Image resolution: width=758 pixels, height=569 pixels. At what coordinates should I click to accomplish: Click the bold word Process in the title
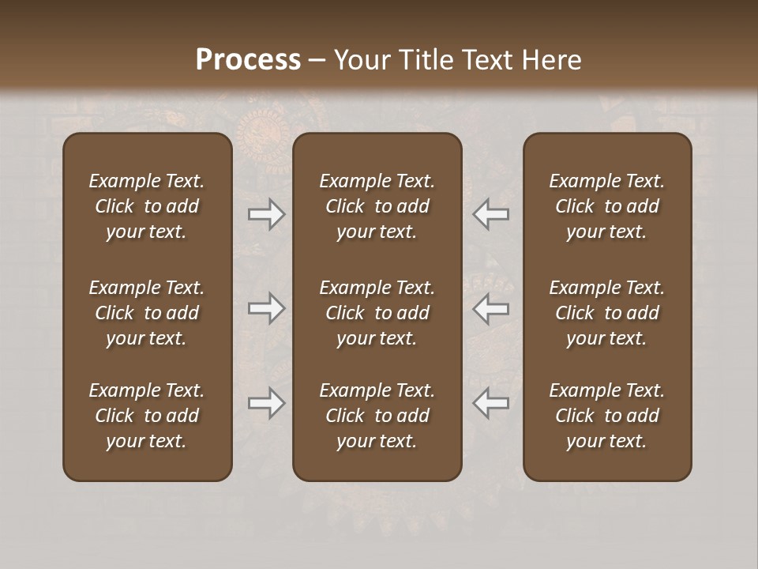(248, 60)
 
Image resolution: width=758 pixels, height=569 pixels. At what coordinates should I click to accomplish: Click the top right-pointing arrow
(267, 214)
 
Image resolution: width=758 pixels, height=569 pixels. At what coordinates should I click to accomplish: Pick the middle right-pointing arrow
(267, 308)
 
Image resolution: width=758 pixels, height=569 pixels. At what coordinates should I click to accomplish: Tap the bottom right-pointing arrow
(267, 403)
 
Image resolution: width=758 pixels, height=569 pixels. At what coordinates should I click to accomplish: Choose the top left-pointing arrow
(491, 214)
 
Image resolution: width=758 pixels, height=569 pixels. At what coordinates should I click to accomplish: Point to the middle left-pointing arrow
(491, 308)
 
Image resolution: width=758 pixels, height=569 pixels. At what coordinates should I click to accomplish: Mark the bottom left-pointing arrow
(491, 403)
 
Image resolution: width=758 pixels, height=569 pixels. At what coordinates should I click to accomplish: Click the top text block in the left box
(147, 206)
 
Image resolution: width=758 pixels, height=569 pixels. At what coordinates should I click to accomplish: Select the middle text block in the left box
(147, 313)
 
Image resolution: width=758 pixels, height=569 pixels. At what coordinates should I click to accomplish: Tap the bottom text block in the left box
(147, 416)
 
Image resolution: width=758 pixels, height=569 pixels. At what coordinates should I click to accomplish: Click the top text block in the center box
(377, 206)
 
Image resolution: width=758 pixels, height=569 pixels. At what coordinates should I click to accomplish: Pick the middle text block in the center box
(377, 313)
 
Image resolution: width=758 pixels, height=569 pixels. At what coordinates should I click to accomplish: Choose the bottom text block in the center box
(377, 416)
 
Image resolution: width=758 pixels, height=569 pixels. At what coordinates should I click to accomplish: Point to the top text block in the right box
(606, 206)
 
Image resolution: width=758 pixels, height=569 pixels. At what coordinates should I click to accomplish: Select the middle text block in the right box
(606, 313)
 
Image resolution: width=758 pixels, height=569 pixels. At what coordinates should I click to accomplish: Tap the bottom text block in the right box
(606, 416)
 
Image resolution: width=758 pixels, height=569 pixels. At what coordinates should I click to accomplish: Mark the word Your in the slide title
(361, 60)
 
